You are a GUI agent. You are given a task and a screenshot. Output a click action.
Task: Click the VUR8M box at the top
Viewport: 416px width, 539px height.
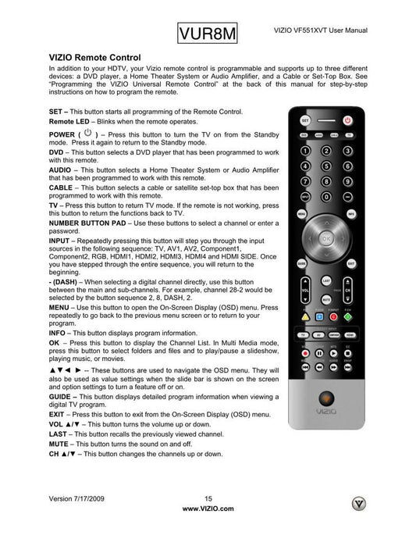click(207, 34)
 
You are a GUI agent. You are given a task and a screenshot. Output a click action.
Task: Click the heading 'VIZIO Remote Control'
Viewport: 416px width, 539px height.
click(94, 58)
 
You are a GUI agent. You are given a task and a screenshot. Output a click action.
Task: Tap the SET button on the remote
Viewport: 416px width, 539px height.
click(305, 120)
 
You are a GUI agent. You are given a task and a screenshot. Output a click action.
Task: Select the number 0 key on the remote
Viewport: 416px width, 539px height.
click(327, 196)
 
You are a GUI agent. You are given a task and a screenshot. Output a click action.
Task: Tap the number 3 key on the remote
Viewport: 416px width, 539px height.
click(348, 150)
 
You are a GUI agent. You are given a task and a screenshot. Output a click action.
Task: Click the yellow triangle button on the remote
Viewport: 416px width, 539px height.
click(305, 317)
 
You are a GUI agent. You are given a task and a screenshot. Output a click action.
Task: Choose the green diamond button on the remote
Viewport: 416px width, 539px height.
click(348, 317)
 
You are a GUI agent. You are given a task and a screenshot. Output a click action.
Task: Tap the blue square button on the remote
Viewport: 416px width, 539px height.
click(319, 317)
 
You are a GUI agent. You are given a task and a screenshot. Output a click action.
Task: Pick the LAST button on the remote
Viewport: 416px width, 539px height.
click(326, 280)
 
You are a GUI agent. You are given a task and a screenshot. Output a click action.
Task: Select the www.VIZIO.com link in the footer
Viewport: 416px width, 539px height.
click(208, 508)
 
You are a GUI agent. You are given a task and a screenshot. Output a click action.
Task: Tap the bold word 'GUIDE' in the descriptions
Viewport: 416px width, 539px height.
click(62, 397)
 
